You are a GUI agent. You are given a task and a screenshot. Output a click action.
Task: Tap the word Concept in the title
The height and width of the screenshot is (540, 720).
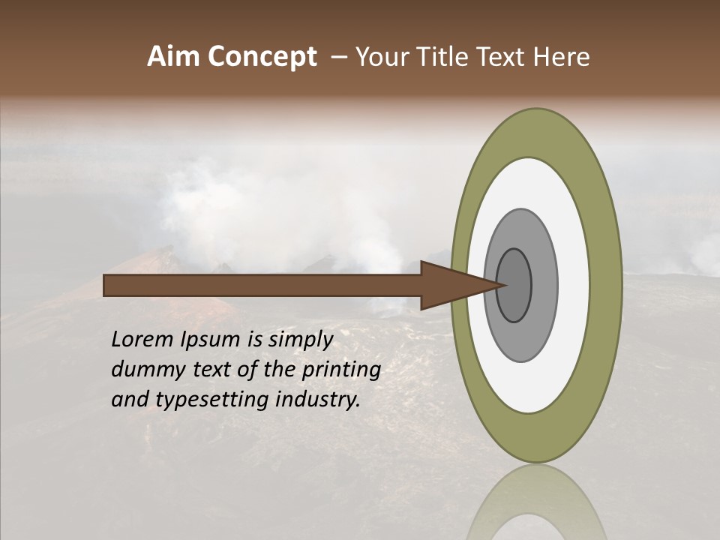(x=262, y=57)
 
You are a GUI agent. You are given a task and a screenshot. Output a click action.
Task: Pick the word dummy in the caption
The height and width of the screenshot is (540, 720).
(x=142, y=370)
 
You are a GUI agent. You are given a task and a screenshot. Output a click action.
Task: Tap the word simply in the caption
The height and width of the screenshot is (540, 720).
(x=300, y=340)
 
